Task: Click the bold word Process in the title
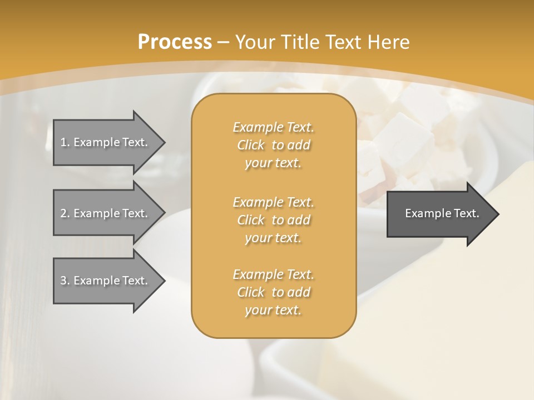175,42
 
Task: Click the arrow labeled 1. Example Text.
106,142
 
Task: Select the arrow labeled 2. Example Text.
106,213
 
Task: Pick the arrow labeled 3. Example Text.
106,281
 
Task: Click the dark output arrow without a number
439,213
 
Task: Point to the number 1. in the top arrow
65,142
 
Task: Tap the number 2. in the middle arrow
65,213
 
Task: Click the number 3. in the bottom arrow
65,281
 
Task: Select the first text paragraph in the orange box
273,145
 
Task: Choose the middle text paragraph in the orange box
273,219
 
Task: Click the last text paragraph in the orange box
273,292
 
